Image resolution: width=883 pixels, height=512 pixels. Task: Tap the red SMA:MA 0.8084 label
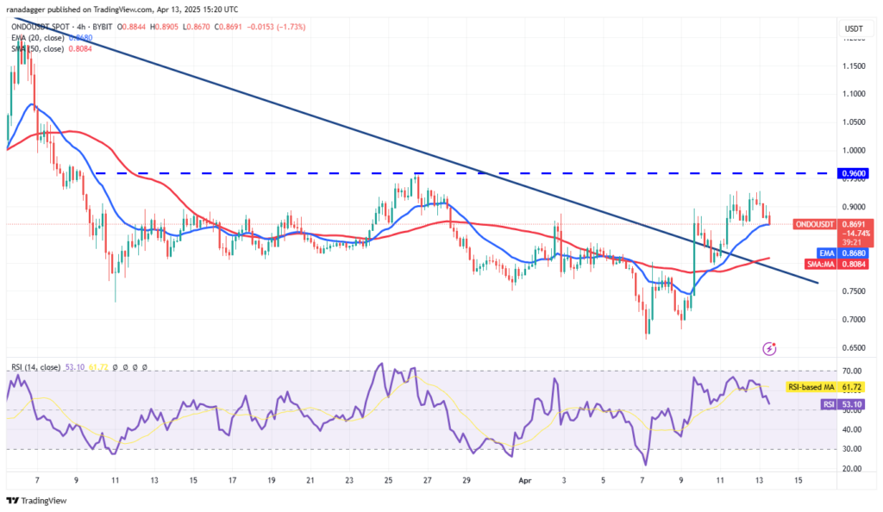coord(851,264)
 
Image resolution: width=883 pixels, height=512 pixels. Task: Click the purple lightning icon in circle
coord(769,348)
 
